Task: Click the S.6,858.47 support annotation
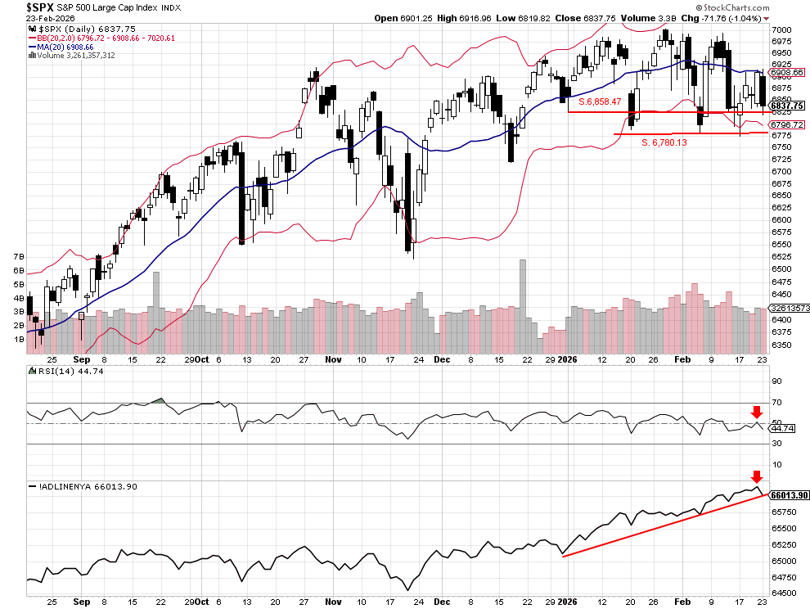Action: [600, 102]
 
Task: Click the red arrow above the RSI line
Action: [757, 411]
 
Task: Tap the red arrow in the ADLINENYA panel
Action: [757, 476]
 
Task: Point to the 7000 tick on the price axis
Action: [782, 29]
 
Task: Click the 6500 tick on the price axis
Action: [782, 268]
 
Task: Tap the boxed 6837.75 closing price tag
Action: [786, 106]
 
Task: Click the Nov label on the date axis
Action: [332, 359]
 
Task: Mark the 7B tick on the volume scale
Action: [18, 257]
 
